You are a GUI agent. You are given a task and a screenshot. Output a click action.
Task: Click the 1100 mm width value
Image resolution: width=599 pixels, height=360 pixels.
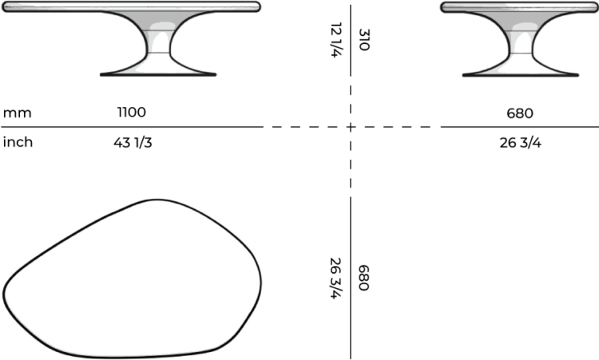(132, 113)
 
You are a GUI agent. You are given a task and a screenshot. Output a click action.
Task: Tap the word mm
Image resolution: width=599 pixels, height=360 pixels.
(17, 113)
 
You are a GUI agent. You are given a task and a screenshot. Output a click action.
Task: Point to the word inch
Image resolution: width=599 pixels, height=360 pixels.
(18, 143)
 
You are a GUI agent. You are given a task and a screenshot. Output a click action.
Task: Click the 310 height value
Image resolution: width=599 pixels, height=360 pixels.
(364, 41)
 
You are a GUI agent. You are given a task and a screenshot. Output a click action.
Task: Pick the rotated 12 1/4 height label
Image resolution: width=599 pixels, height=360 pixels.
(335, 41)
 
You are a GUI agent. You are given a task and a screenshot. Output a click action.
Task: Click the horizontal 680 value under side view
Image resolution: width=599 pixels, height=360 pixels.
(519, 113)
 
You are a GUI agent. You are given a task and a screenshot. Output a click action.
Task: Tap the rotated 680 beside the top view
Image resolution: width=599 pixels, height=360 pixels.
(364, 277)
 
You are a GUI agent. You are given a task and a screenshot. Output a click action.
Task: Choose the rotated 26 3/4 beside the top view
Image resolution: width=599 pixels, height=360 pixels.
(336, 277)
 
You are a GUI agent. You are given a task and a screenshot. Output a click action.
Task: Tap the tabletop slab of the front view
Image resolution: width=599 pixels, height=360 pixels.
(132, 7)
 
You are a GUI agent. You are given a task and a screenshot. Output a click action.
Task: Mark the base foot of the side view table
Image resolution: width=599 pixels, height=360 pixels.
(520, 73)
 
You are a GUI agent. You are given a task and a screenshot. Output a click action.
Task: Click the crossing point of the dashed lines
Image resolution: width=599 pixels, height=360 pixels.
(351, 127)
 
